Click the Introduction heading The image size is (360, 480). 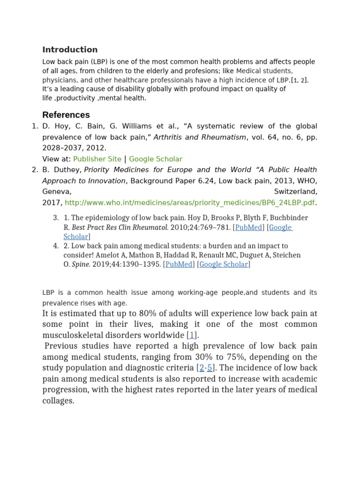coord(70,50)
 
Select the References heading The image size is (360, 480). coord(66,115)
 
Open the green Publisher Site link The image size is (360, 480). coord(97,159)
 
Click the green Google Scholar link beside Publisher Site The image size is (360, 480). coord(156,159)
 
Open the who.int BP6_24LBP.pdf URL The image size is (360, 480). coord(190,202)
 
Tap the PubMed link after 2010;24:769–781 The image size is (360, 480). coord(248,227)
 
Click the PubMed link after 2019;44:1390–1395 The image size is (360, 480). coord(179,264)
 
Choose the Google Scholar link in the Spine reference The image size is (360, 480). coord(224,264)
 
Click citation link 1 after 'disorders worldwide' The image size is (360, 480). coord(192,335)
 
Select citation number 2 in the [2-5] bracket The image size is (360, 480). coord(202,368)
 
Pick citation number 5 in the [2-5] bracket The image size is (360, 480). coord(210,368)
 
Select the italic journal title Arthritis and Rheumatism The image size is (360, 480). coord(200,137)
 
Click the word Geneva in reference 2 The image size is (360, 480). coord(56,192)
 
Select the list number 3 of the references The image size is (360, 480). coord(55,218)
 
